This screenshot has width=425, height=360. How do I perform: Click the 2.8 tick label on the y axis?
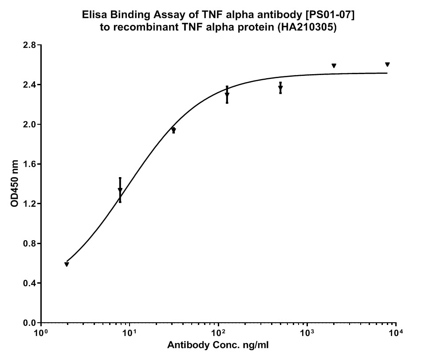click(30, 45)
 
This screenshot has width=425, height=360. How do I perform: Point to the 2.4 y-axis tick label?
click(30, 85)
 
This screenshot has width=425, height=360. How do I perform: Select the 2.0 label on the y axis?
click(30, 124)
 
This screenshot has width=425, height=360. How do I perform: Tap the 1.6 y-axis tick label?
click(30, 164)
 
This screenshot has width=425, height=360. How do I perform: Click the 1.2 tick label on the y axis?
click(30, 204)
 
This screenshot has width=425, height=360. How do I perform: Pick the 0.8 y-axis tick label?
click(30, 244)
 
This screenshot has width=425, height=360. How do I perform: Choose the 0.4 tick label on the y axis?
click(30, 283)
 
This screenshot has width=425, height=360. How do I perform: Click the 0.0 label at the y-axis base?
click(30, 323)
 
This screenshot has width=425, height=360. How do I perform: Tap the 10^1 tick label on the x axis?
click(129, 332)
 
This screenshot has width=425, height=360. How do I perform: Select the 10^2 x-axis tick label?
click(218, 332)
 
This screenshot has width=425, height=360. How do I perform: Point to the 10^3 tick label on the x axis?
click(307, 332)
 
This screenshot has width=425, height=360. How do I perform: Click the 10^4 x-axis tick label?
click(395, 332)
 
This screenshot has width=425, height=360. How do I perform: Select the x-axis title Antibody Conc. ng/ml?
click(218, 345)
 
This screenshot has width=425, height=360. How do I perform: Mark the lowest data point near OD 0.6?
click(67, 265)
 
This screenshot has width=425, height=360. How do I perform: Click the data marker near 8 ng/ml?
click(120, 190)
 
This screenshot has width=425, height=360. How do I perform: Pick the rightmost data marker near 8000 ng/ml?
click(387, 64)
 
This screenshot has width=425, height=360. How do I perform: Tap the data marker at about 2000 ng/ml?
click(334, 66)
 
